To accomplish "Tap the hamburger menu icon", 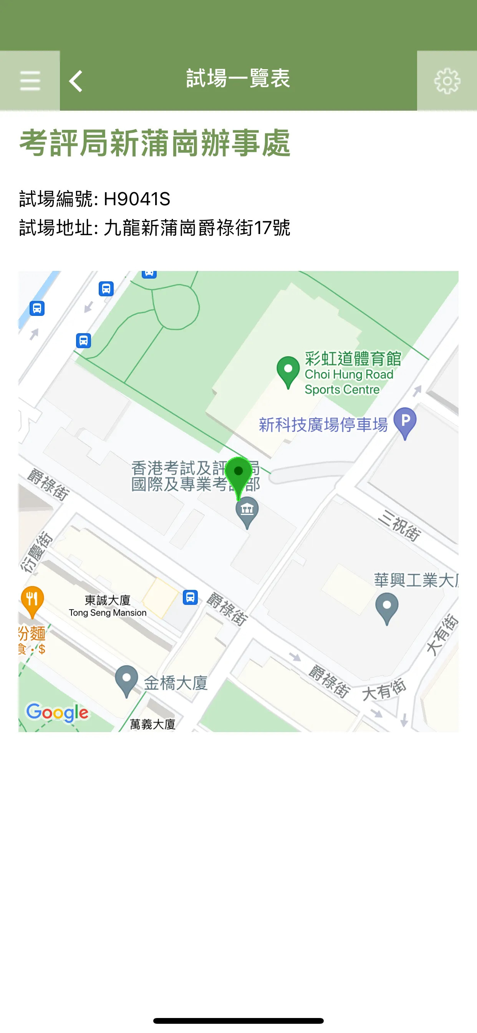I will click(x=30, y=81).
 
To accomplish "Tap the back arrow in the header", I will click(x=76, y=81).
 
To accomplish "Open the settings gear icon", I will click(x=447, y=81).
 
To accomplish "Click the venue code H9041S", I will click(x=137, y=199).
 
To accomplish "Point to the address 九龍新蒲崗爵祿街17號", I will click(x=196, y=228).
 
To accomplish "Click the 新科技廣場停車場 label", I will click(x=323, y=425).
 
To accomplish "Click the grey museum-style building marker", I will click(x=247, y=511).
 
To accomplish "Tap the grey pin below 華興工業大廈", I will click(x=387, y=608).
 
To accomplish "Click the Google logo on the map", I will click(x=57, y=712).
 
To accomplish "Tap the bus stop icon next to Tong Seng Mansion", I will click(x=190, y=597).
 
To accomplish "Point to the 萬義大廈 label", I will click(x=153, y=724).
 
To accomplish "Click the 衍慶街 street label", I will click(x=37, y=552).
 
